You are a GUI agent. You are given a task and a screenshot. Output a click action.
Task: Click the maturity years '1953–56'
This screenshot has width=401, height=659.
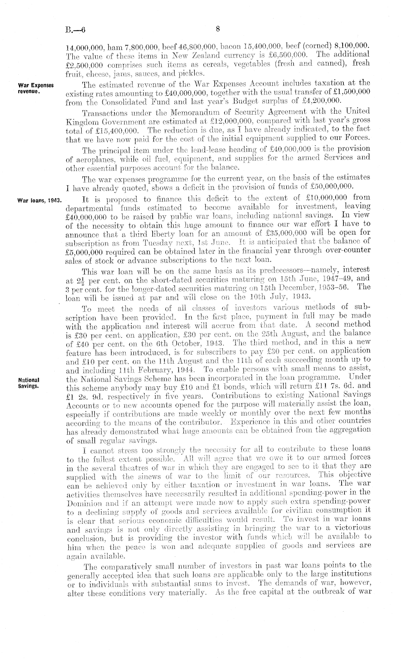pos(333,278)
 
